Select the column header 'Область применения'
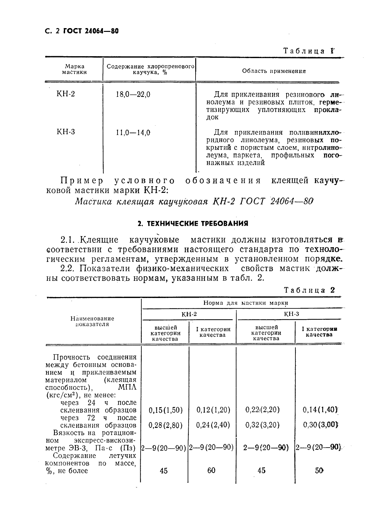click(x=274, y=71)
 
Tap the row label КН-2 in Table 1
click(x=66, y=94)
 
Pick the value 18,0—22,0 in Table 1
click(x=133, y=94)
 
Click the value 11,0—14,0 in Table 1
click(x=133, y=133)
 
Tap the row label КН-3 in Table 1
click(x=66, y=132)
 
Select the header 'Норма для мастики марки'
click(x=245, y=303)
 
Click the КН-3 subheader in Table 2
click(x=291, y=314)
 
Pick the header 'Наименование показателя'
click(x=92, y=321)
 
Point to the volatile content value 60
click(x=211, y=471)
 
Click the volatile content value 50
click(x=319, y=471)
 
